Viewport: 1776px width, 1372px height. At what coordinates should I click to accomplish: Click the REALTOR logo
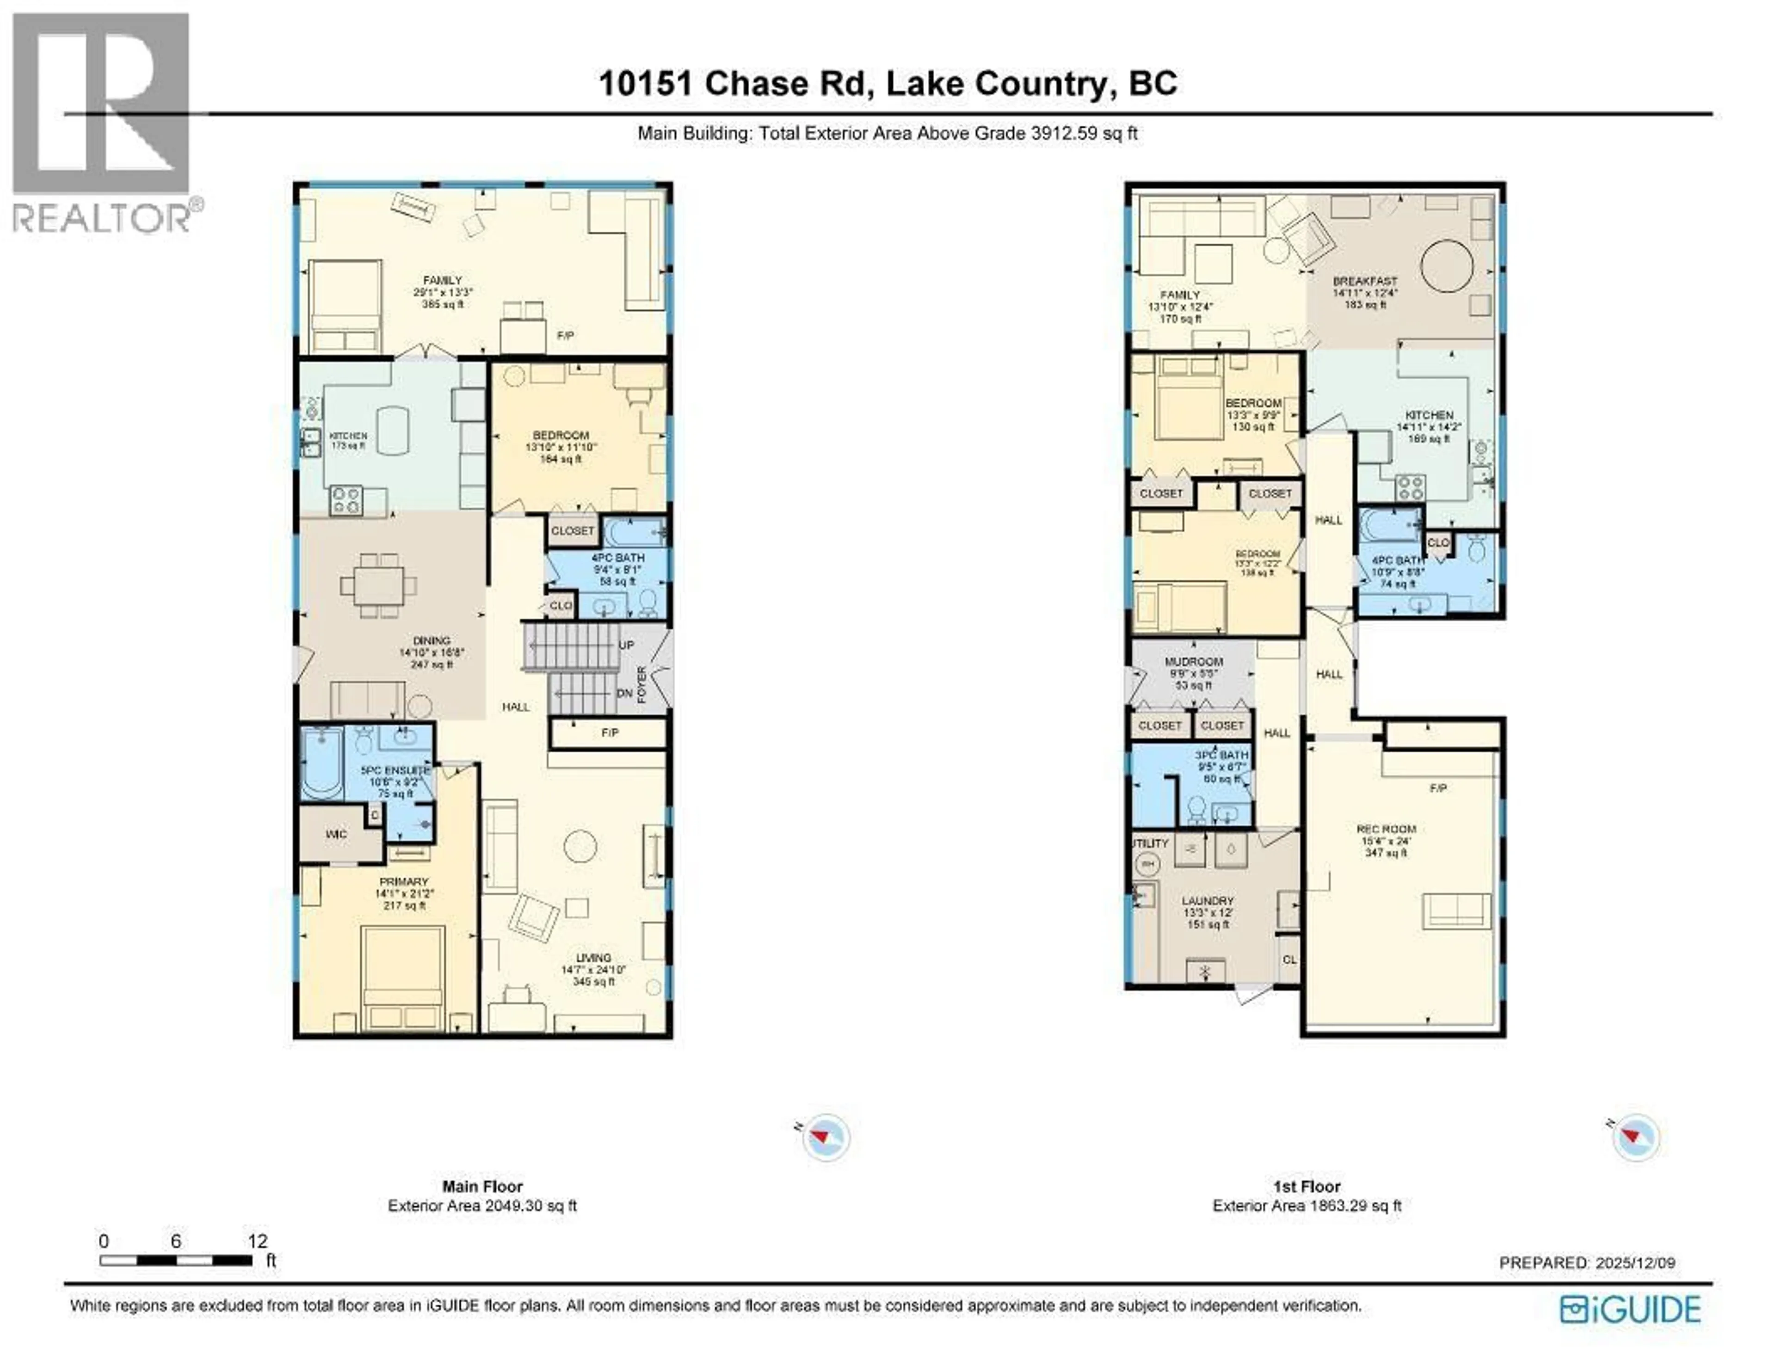102,122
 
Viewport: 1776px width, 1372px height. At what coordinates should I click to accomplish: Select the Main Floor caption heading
482,1187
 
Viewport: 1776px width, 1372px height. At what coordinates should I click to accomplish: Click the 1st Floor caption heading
1306,1187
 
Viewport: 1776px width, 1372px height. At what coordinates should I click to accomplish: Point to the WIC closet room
336,834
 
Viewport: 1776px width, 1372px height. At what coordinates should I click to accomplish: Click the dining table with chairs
379,585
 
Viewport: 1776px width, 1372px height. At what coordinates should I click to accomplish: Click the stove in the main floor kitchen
345,499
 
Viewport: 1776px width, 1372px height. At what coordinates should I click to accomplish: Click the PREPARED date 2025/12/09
1634,1262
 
